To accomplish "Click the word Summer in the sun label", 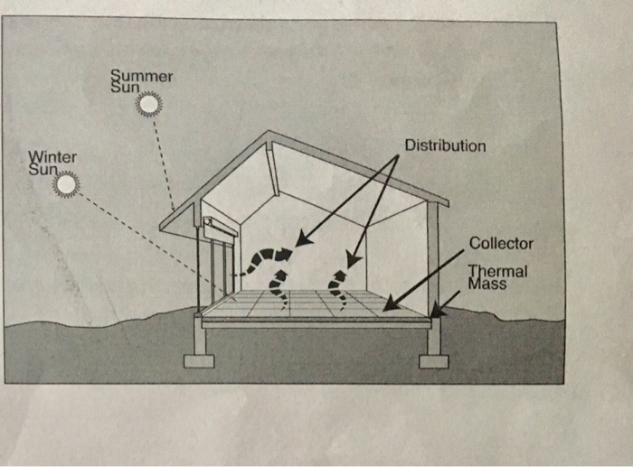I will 140,77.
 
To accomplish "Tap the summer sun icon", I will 148,106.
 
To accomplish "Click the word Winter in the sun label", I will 53,155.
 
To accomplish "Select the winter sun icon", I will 65,185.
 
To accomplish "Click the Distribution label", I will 444,145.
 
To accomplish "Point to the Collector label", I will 501,244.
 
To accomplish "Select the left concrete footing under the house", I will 198,360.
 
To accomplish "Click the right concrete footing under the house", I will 433,360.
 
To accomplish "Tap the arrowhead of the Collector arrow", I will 386,307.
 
